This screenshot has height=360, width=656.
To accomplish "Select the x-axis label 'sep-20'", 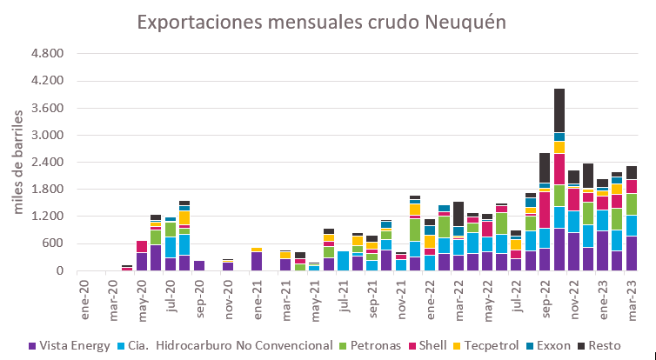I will pyautogui.click(x=198, y=296).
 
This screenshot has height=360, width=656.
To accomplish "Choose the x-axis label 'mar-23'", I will pyautogui.click(x=630, y=296).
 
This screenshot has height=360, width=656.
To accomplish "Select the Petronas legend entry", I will pyautogui.click(x=380, y=346).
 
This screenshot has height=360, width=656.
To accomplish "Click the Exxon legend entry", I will pyautogui.click(x=567, y=346).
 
